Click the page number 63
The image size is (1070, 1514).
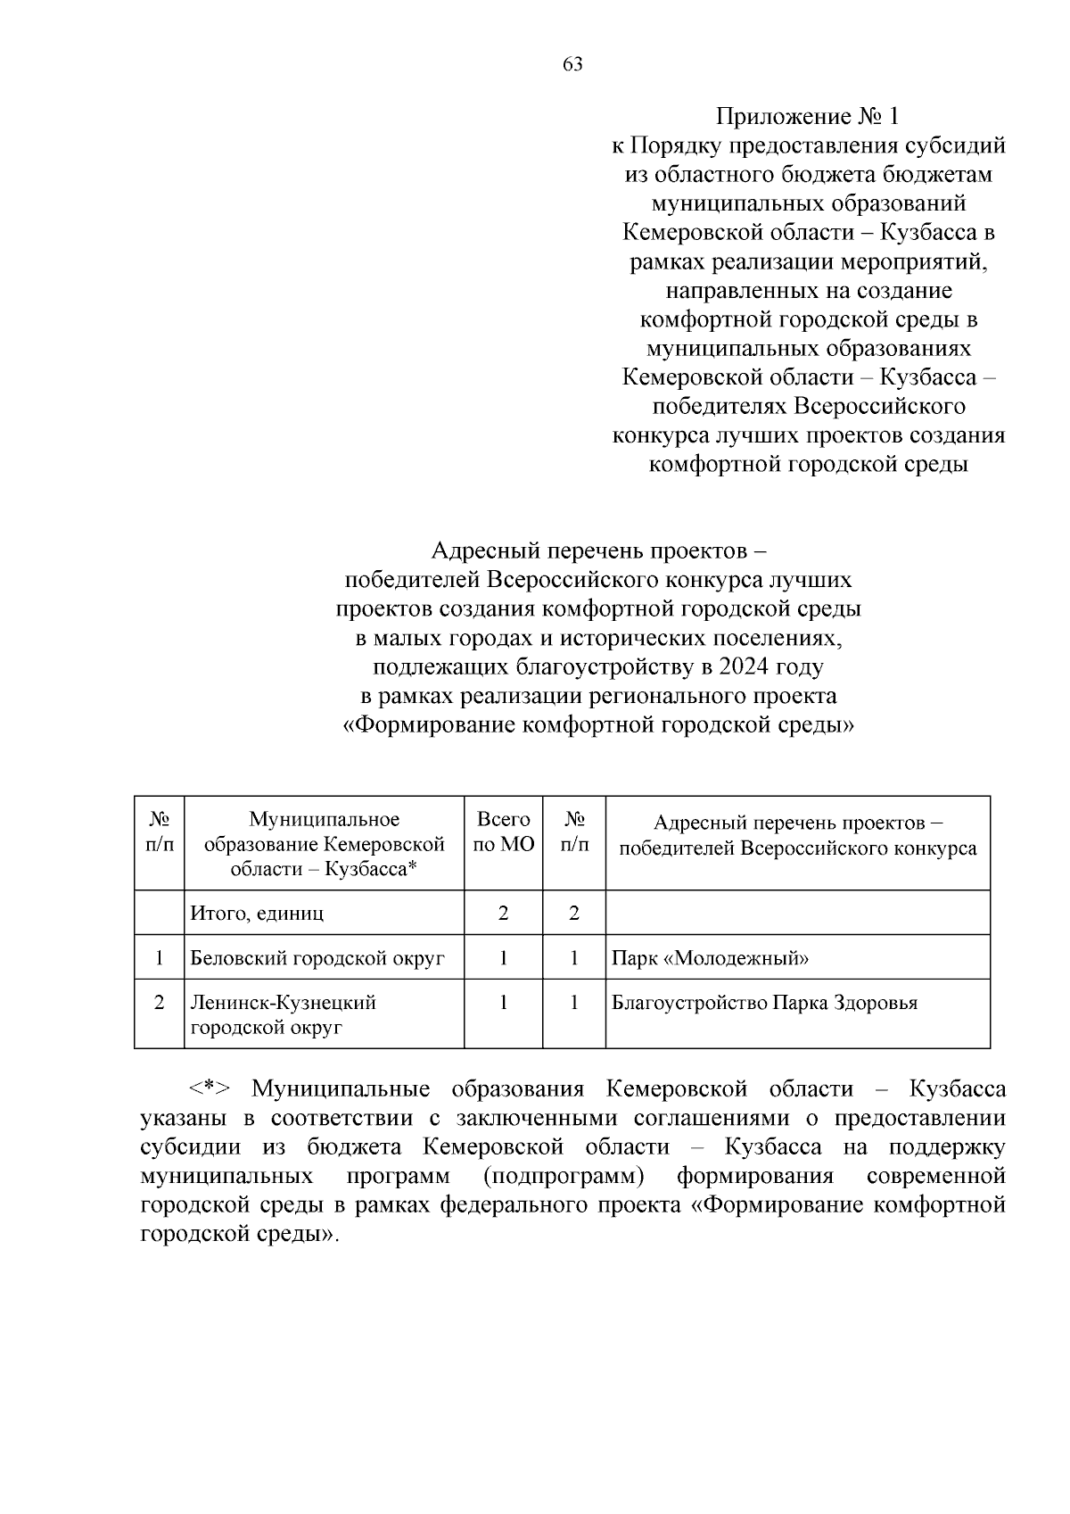(572, 64)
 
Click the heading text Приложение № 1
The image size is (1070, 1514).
(808, 117)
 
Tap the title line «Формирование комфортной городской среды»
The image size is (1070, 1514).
(598, 725)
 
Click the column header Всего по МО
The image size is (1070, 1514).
(504, 832)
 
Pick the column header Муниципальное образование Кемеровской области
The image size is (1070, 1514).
(324, 844)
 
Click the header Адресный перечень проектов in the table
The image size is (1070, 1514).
(797, 835)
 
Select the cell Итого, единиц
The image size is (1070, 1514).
(257, 914)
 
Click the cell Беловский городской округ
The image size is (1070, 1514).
(317, 959)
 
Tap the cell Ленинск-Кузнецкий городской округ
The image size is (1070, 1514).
(283, 1015)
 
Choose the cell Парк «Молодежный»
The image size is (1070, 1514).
(711, 959)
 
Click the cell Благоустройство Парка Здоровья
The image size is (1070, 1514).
(764, 1003)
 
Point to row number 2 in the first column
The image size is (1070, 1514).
(159, 1003)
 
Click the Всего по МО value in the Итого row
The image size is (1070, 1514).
(504, 914)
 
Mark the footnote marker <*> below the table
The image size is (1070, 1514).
(210, 1089)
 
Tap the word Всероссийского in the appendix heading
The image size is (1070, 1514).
(879, 407)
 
